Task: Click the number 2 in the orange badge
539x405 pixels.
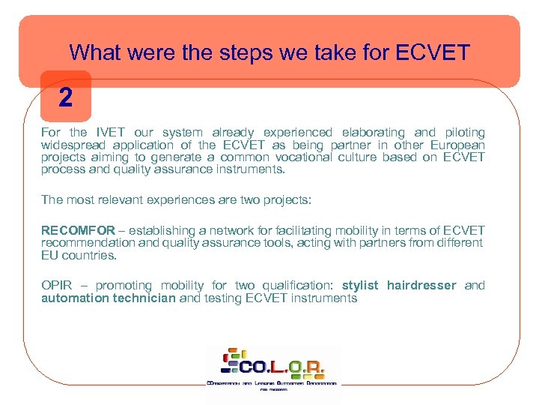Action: tap(66, 97)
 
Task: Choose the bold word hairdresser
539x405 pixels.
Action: tap(422, 285)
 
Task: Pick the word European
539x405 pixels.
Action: tap(457, 145)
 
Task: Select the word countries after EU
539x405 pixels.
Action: tap(91, 255)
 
